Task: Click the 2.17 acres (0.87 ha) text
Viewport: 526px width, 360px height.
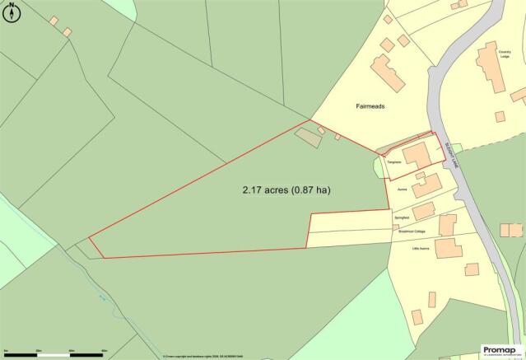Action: [286, 189]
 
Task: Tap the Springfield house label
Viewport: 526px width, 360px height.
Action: [401, 217]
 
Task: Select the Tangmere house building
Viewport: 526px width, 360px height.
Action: [415, 154]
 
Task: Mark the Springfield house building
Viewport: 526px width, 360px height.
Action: [424, 211]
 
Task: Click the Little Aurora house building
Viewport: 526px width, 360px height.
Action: [449, 247]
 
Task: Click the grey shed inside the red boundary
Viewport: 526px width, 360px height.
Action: [310, 138]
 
